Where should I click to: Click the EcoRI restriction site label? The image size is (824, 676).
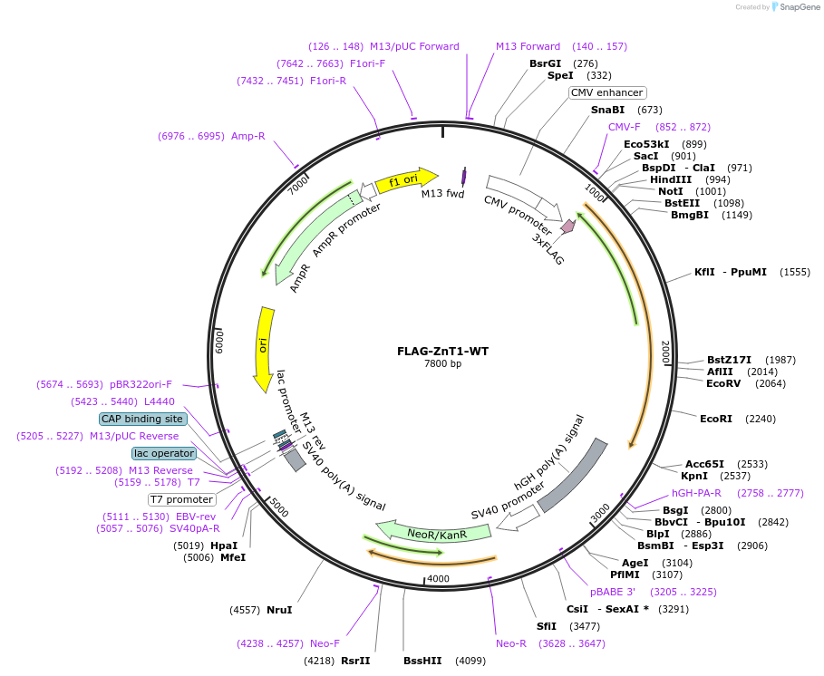tap(715, 419)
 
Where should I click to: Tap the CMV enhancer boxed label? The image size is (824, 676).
tap(607, 92)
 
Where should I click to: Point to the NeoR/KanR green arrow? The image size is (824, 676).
tap(423, 533)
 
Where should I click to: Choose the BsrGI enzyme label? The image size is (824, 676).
tap(546, 63)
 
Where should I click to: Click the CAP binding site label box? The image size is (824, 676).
tap(143, 419)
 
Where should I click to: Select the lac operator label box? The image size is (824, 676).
tap(163, 453)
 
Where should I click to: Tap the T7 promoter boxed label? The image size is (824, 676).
tap(181, 499)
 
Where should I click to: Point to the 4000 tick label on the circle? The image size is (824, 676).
tap(438, 578)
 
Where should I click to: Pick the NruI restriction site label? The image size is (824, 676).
tap(279, 610)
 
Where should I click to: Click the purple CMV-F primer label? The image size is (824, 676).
tap(624, 127)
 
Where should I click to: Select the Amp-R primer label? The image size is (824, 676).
tap(247, 136)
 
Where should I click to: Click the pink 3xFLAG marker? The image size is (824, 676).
tap(567, 226)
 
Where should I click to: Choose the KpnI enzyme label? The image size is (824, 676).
tap(694, 476)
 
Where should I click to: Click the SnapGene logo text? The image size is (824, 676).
tap(799, 7)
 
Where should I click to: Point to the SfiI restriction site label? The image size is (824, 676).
tap(546, 626)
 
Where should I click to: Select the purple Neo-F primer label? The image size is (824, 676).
tap(325, 643)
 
